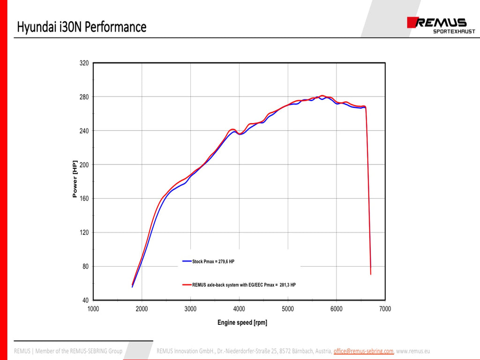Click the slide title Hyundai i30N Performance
point(82,27)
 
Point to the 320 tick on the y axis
point(84,63)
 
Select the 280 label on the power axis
point(84,97)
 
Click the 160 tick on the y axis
point(84,199)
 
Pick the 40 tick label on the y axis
point(85,300)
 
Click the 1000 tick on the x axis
point(93,309)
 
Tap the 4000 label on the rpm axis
point(239,309)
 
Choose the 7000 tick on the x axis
point(385,309)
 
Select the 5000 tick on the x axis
point(288,309)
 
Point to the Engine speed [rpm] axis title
point(242,322)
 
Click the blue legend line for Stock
point(187,262)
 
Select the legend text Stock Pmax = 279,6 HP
point(214,262)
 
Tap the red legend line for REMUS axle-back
point(187,285)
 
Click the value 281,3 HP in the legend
point(287,285)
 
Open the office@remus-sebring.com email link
point(363,351)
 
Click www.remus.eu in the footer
point(413,351)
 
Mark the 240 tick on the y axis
point(84,131)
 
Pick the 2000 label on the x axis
point(142,309)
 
